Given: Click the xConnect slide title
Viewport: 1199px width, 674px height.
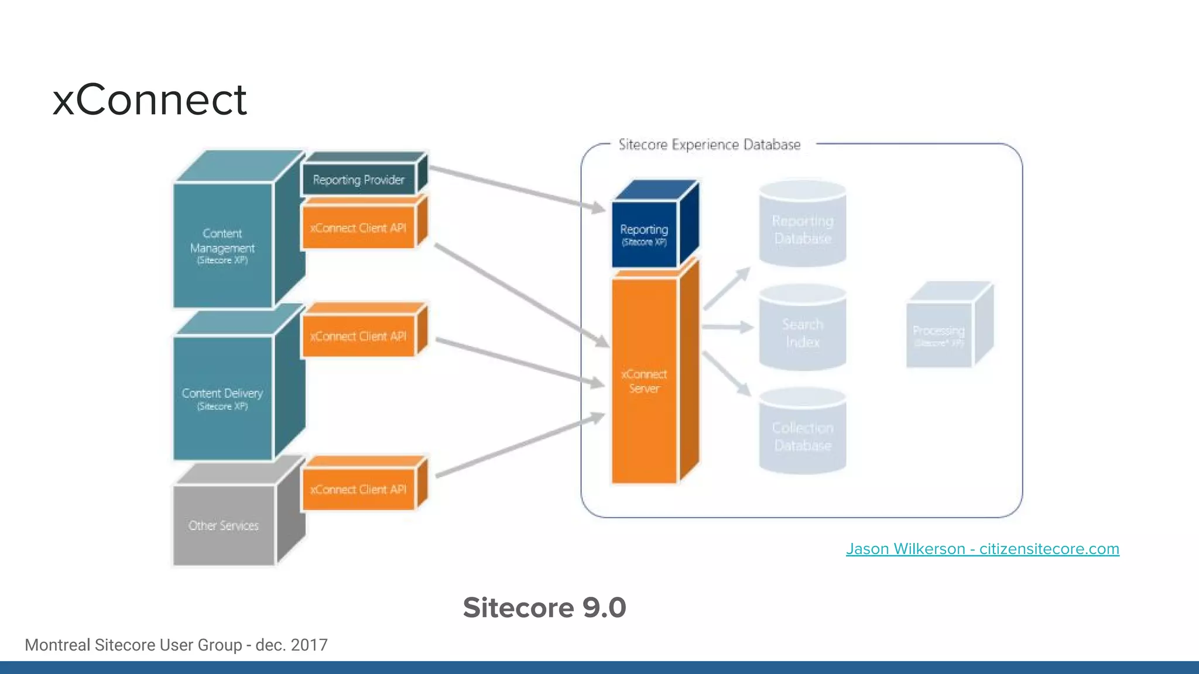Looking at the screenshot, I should pos(150,99).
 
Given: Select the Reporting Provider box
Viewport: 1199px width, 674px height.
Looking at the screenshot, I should pos(358,180).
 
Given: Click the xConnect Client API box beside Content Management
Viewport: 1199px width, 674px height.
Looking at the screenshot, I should pos(358,228).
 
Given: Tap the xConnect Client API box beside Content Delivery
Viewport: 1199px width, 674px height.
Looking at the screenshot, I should pos(358,336).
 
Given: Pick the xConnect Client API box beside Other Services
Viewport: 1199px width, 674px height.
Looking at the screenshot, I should pos(358,490).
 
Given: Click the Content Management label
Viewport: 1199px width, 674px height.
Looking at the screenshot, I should pos(222,246).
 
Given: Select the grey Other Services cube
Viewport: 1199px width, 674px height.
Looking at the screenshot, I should pos(224,525).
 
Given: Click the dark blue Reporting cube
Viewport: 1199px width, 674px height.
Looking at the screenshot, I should pos(644,233).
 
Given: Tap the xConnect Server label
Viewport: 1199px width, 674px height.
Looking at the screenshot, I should pos(644,381).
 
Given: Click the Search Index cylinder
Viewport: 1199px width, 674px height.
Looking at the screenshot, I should pos(803,332).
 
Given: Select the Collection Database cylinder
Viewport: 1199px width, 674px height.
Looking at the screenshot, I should pos(803,436).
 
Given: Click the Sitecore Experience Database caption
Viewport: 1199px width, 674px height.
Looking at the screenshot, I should pos(709,145).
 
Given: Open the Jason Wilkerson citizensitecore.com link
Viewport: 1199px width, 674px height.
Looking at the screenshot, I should pos(982,549).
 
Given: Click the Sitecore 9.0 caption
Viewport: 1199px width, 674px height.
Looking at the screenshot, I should pos(544,607).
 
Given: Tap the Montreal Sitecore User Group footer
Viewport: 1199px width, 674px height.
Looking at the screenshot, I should pos(176,645).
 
